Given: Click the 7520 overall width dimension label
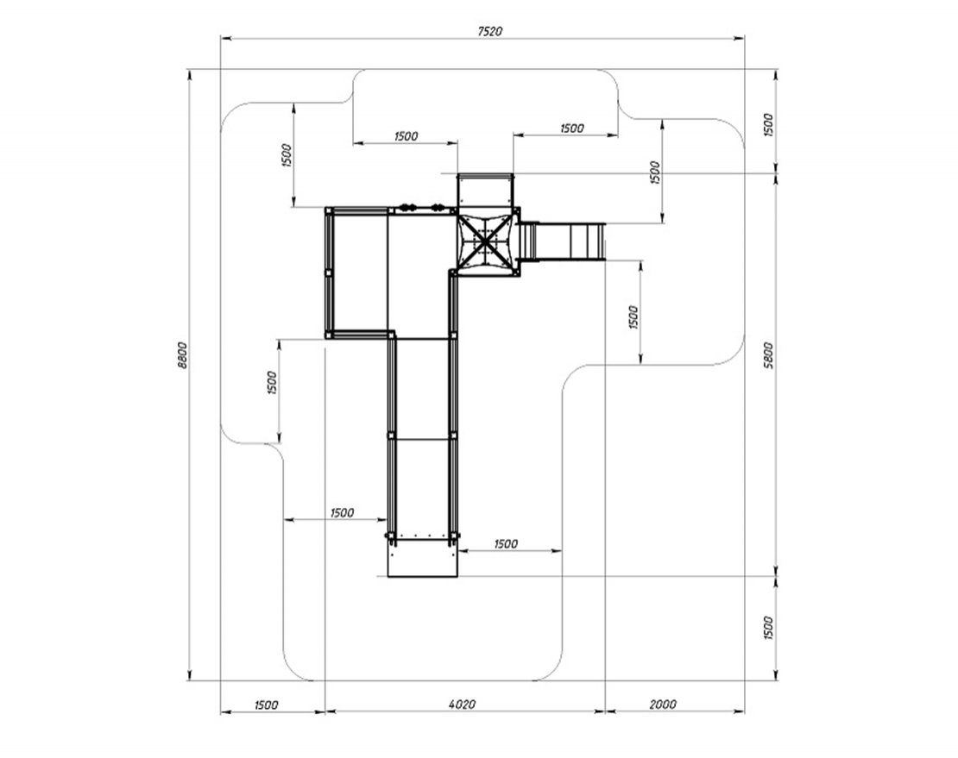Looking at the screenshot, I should pyautogui.click(x=489, y=30).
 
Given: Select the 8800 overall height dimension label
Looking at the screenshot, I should pyautogui.click(x=181, y=355).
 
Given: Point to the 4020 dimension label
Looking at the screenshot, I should pyautogui.click(x=463, y=705).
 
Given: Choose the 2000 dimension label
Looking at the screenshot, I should pyautogui.click(x=662, y=705).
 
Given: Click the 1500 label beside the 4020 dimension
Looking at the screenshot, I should pyautogui.click(x=266, y=705).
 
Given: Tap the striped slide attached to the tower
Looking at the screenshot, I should pyautogui.click(x=564, y=241).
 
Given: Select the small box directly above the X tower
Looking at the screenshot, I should pyautogui.click(x=484, y=190).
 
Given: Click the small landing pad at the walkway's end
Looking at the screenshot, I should pyautogui.click(x=422, y=561).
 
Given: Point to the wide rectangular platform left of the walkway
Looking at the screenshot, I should pyautogui.click(x=358, y=271).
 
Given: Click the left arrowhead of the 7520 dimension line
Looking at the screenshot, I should pyautogui.click(x=224, y=38).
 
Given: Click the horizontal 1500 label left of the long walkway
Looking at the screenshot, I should pyautogui.click(x=342, y=512).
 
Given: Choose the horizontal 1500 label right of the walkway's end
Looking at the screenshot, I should pyautogui.click(x=506, y=543).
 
